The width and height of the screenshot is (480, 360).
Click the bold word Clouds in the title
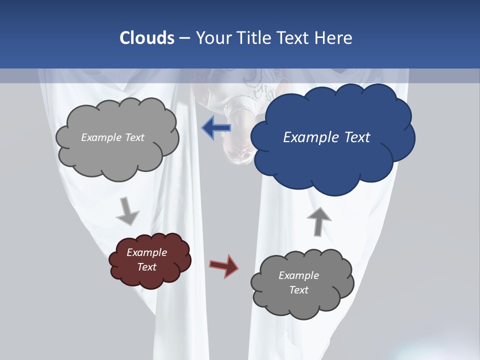(146, 38)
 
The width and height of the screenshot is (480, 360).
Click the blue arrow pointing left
(216, 128)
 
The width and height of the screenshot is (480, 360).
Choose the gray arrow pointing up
(318, 220)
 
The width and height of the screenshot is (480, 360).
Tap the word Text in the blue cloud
(357, 137)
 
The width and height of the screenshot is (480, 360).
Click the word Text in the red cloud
(147, 267)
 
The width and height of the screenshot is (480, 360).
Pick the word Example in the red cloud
(147, 252)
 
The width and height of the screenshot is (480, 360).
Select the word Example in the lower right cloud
(298, 275)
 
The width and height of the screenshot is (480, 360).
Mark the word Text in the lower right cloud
(298, 290)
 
